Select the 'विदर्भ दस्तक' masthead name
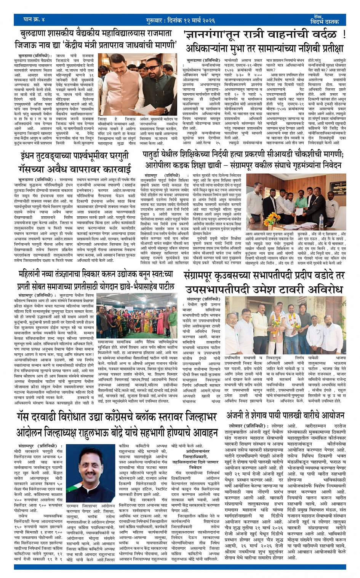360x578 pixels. (x=324, y=22)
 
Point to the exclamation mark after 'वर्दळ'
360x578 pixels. (x=344, y=35)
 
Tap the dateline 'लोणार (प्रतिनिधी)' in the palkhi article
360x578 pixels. (x=248, y=426)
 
